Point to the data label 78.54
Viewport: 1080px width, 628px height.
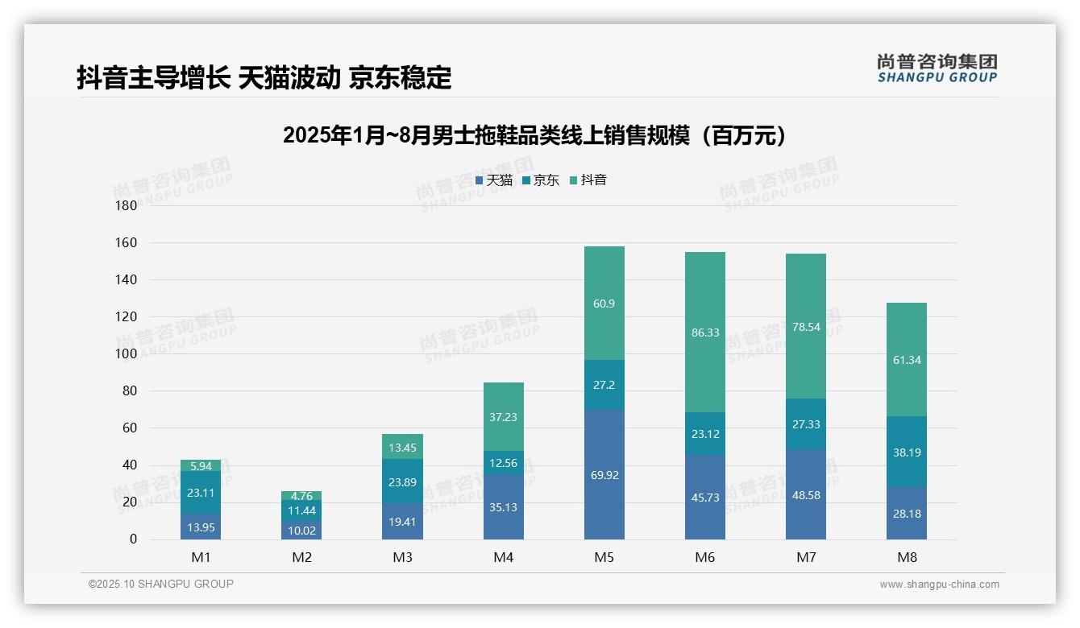(x=805, y=327)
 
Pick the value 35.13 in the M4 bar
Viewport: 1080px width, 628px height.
(x=503, y=506)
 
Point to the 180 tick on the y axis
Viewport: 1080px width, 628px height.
(x=127, y=205)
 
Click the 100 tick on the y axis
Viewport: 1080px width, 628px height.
(x=127, y=353)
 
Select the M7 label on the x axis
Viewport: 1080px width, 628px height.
(x=805, y=557)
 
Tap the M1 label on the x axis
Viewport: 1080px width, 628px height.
(x=201, y=557)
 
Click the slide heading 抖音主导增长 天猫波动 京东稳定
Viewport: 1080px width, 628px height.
(x=264, y=77)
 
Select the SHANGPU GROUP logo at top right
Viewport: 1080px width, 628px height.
(x=937, y=68)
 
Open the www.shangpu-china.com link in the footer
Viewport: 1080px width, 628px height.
(x=939, y=585)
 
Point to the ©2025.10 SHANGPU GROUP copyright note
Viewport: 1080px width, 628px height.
(x=161, y=584)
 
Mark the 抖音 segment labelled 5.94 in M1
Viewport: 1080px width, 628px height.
(x=201, y=465)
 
